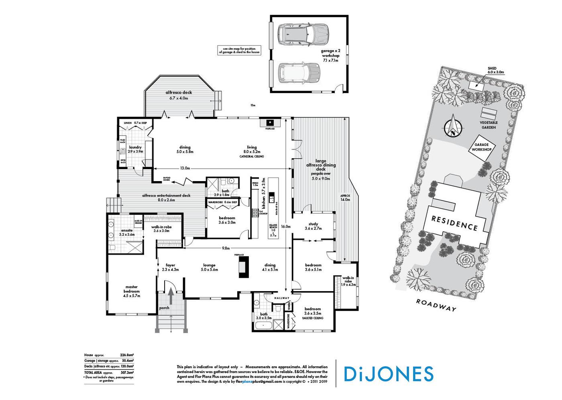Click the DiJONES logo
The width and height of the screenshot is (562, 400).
[x=388, y=373]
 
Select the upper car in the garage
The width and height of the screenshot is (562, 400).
[x=303, y=35]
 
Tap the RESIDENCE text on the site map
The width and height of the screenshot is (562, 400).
[x=454, y=223]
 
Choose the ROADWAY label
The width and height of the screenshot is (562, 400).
[x=436, y=305]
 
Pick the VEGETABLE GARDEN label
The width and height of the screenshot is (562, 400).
[x=489, y=125]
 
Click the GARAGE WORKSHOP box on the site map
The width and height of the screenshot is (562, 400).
[x=482, y=147]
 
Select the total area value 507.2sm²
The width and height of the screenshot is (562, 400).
[x=127, y=372]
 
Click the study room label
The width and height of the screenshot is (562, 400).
[x=313, y=226]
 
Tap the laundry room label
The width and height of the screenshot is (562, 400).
[x=135, y=149]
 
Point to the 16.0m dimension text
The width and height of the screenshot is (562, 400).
[x=285, y=227]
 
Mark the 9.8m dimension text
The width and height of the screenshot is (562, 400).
[x=226, y=248]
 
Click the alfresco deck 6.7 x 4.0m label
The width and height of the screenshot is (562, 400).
[x=179, y=95]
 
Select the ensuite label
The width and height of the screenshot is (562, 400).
[x=127, y=232]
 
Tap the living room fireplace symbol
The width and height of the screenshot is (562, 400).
[x=270, y=122]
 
